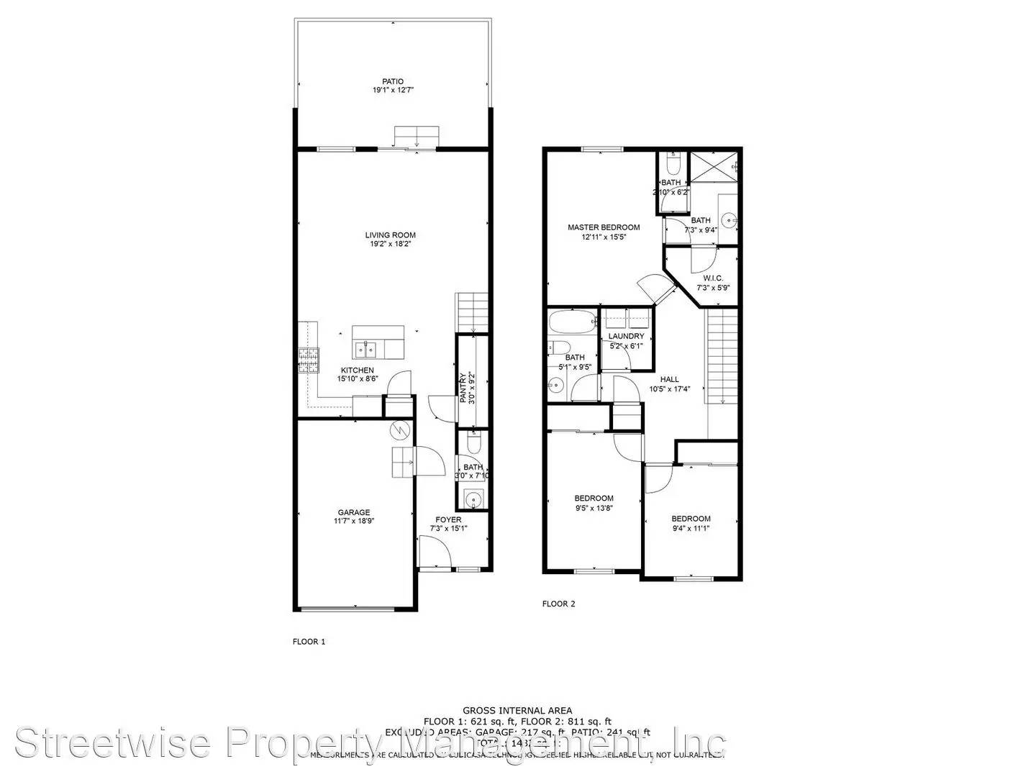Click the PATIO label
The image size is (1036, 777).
coord(393,81)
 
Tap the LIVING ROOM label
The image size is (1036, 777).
coord(390,235)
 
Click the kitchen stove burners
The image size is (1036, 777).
coord(308,360)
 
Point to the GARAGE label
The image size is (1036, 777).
coord(354,512)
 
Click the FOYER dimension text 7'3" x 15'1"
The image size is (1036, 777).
coord(448,529)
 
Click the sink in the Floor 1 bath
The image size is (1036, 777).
coord(473,498)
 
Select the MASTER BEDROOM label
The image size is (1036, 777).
coord(603,227)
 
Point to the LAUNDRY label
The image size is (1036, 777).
coord(626,336)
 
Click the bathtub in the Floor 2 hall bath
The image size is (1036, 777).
coord(573,322)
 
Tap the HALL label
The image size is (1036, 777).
coord(669,379)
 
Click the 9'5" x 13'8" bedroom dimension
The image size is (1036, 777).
coord(594,508)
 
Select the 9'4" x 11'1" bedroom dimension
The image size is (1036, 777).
coord(691,528)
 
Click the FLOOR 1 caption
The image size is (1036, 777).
coord(309,641)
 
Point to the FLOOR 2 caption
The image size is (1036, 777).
coord(558,604)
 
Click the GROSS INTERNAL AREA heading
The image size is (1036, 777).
coord(517,710)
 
